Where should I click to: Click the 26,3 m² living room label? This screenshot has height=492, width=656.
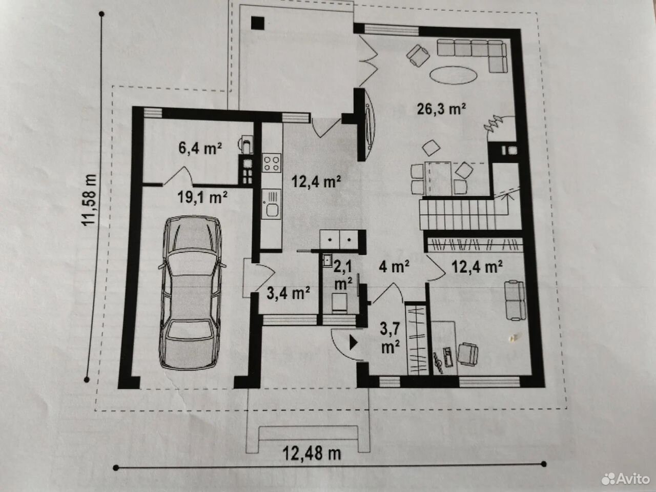441,109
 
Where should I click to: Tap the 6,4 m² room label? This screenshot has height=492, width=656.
200,148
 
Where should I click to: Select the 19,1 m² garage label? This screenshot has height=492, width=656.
202,197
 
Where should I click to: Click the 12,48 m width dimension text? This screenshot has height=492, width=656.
312,454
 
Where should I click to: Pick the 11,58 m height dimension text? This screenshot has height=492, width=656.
90,200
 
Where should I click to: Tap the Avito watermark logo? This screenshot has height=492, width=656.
625,479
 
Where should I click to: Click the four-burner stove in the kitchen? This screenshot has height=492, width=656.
272,163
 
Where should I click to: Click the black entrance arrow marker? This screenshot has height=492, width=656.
354,343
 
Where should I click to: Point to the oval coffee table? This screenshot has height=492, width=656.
453,75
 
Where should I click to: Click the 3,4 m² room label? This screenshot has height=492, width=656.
288,293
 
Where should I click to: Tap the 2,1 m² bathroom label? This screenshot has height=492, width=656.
343,275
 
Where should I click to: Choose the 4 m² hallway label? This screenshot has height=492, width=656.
394,267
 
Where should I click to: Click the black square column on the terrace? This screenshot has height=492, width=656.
258,23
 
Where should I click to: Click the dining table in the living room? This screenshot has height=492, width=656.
438,178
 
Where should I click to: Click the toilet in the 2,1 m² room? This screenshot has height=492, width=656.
340,302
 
